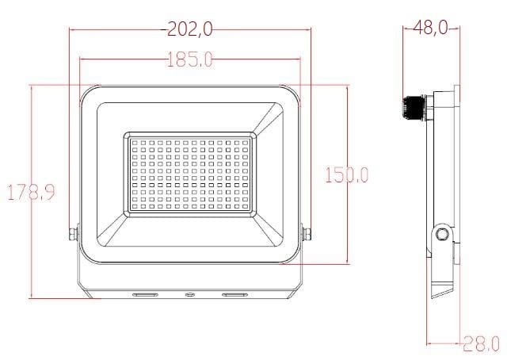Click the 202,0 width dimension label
[x=190, y=29]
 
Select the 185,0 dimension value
[x=190, y=59]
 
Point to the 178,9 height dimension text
[x=32, y=193]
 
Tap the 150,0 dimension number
[x=346, y=174]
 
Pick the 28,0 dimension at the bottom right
[x=482, y=343]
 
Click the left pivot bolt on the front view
[x=74, y=234]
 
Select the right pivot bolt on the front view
[x=307, y=234]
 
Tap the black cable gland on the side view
[x=414, y=108]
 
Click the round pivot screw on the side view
[x=440, y=233]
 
